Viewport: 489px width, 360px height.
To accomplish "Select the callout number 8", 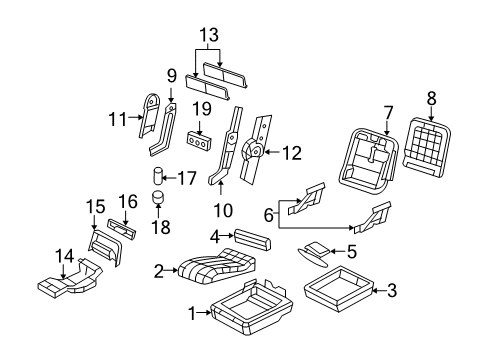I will (432, 98).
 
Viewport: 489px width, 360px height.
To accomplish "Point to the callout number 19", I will (200, 107).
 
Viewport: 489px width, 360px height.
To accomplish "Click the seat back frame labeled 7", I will (370, 159).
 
